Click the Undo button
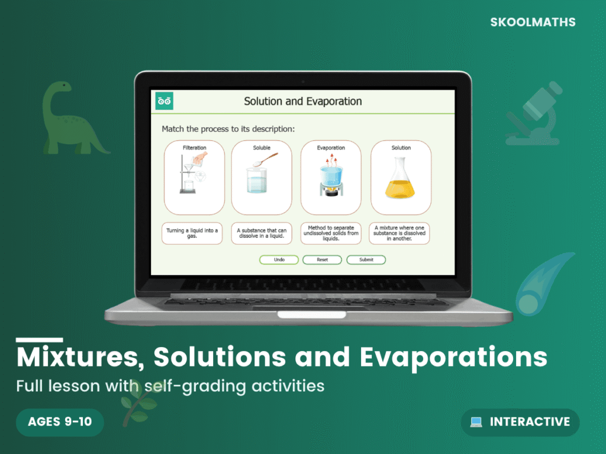click(x=279, y=260)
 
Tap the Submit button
click(x=366, y=260)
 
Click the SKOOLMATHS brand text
click(x=533, y=22)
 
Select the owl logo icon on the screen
click(x=165, y=101)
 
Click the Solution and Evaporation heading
click(x=303, y=101)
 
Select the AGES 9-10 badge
click(x=60, y=422)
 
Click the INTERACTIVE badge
click(x=520, y=422)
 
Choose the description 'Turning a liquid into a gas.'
click(x=192, y=234)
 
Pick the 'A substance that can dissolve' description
click(x=262, y=234)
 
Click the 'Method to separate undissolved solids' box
click(x=331, y=234)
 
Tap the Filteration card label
click(x=194, y=148)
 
